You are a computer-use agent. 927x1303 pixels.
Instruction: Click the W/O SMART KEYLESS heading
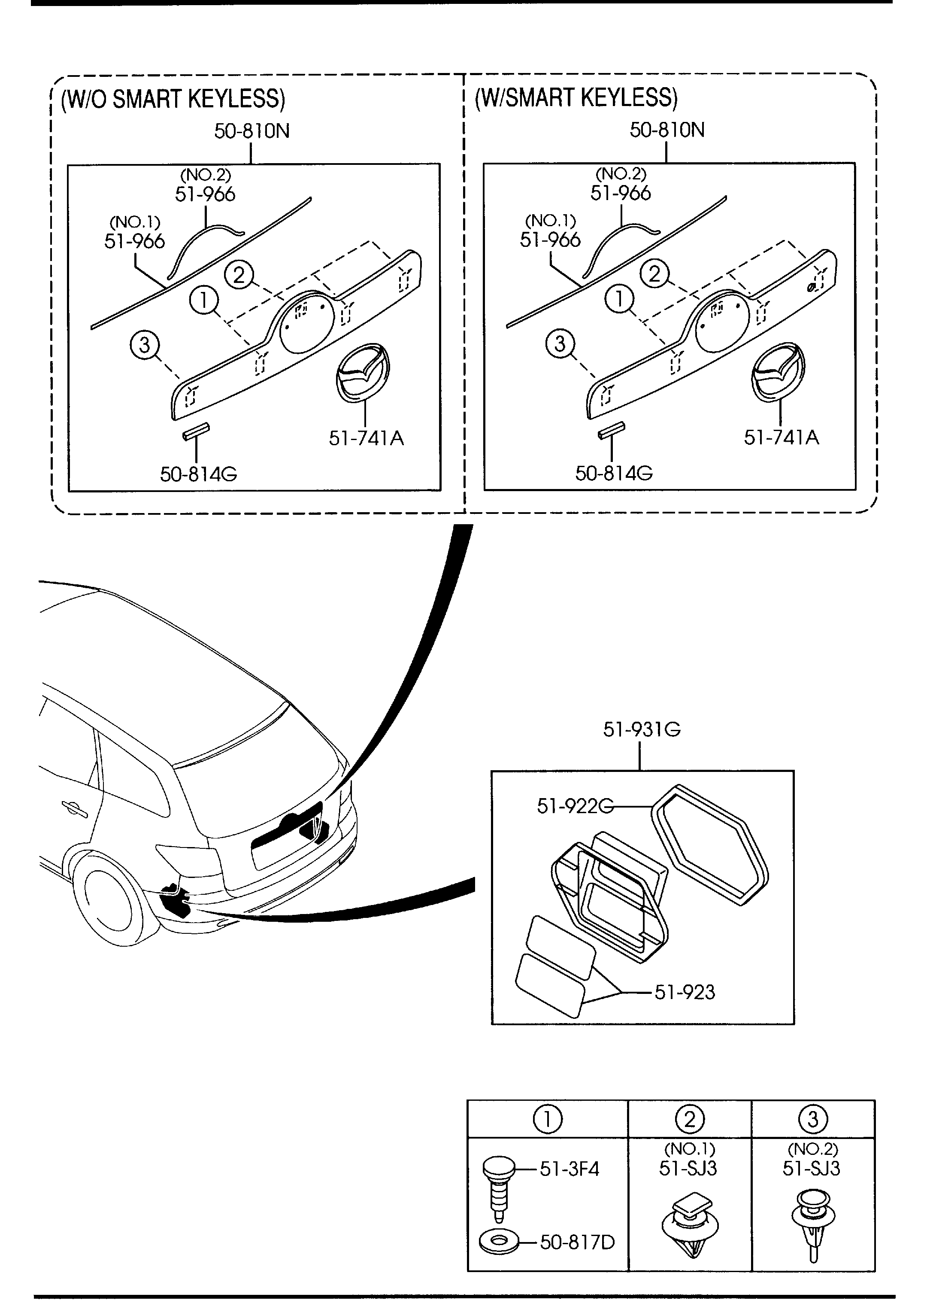coord(173,99)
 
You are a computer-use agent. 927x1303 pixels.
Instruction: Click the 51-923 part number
coord(685,992)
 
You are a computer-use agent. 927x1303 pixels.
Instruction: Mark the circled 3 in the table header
coord(812,1119)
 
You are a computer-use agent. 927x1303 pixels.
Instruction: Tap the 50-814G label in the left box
coord(198,474)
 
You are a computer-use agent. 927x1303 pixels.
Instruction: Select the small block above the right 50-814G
coord(611,431)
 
